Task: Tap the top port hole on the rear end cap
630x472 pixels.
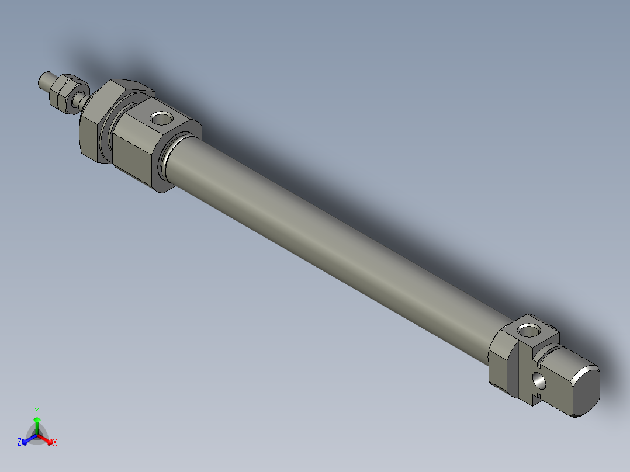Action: pos(530,331)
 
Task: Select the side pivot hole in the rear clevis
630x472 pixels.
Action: pos(538,382)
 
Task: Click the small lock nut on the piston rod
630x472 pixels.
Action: pos(64,92)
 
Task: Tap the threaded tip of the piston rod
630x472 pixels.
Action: pos(44,79)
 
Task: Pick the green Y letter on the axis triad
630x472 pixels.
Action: pos(36,410)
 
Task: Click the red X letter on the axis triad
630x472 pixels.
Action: pos(55,443)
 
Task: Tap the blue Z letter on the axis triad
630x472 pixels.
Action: pos(19,443)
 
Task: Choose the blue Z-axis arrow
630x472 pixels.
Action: pos(27,439)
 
